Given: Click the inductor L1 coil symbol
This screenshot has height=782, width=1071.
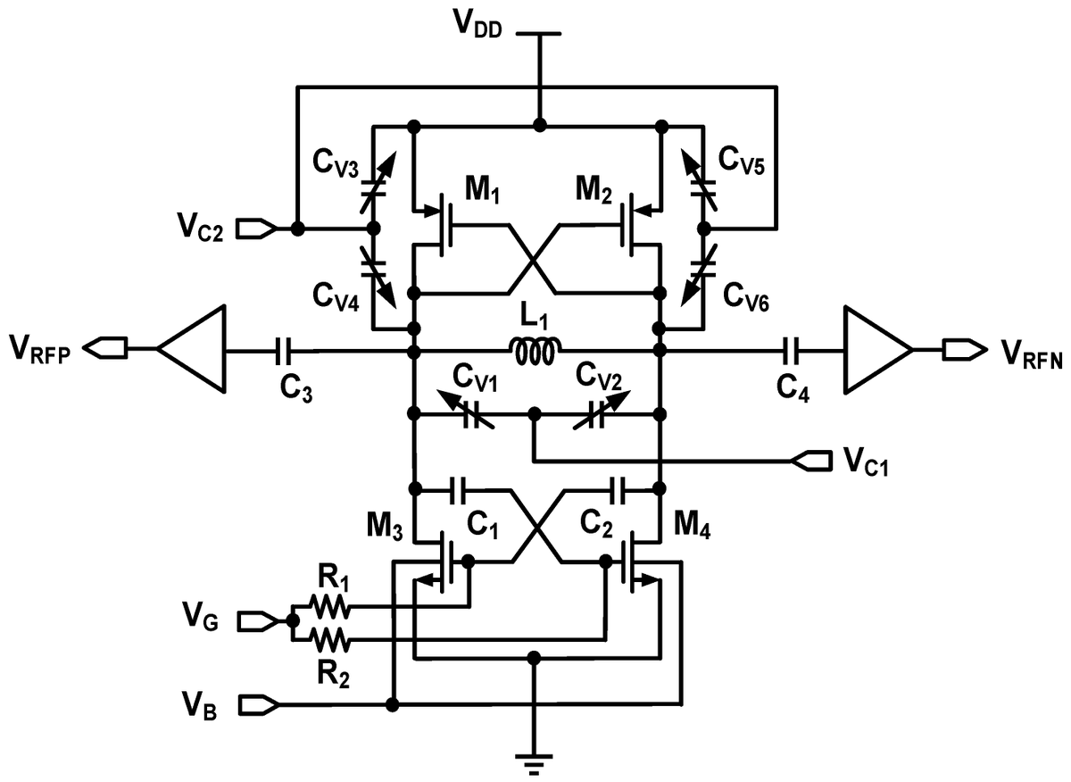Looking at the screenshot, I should click(x=536, y=352).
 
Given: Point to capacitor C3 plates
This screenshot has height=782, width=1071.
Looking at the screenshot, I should click(x=285, y=352).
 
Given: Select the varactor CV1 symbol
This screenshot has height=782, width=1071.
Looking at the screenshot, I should click(x=474, y=414).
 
